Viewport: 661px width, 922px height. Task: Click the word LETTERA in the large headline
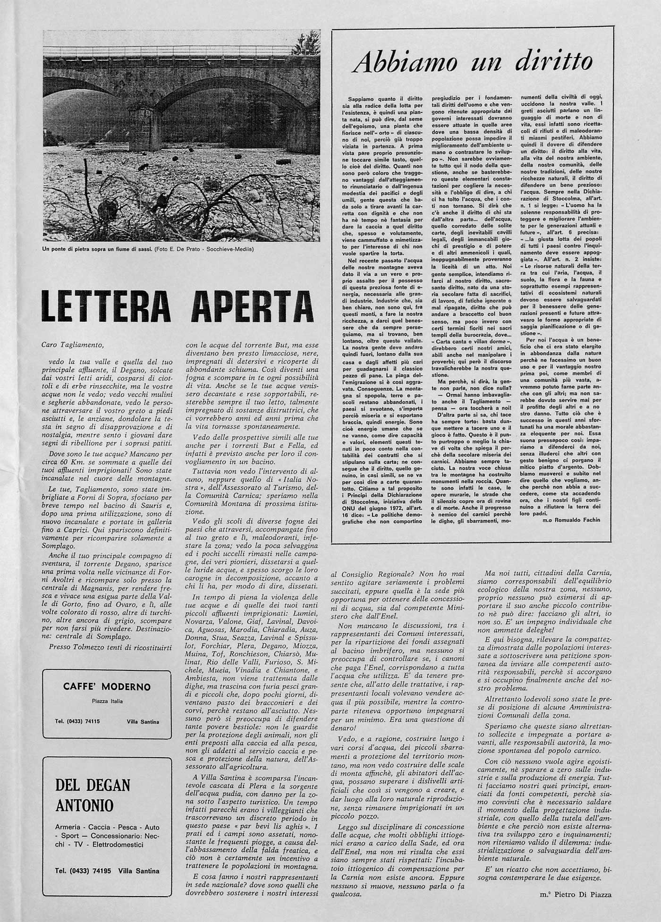106,306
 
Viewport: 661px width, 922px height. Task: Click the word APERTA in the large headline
253,306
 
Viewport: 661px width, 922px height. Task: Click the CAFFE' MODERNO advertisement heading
107,686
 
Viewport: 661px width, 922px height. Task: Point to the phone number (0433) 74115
77,721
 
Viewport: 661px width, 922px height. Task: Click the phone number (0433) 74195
83,871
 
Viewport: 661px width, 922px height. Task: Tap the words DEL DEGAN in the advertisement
93,785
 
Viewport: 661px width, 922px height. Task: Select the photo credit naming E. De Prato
204,249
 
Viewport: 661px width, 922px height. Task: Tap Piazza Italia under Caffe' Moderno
107,701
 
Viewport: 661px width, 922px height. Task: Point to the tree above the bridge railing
306,42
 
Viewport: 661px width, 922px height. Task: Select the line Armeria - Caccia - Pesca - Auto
107,827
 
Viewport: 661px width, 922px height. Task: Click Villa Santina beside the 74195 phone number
139,871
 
